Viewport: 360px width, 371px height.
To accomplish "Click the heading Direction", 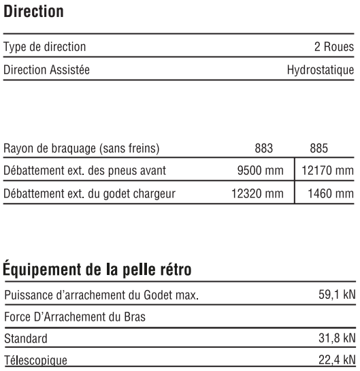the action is pyautogui.click(x=35, y=12).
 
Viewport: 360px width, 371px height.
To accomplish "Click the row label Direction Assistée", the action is pyautogui.click(x=47, y=69).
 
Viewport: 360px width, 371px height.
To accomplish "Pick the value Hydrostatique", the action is pyautogui.click(x=321, y=69).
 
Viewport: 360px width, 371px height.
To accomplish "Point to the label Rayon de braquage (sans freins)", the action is pyautogui.click(x=82, y=148).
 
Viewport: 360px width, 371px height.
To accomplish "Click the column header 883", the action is pyautogui.click(x=263, y=148).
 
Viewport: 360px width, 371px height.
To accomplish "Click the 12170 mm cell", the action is pyautogui.click(x=325, y=170).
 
